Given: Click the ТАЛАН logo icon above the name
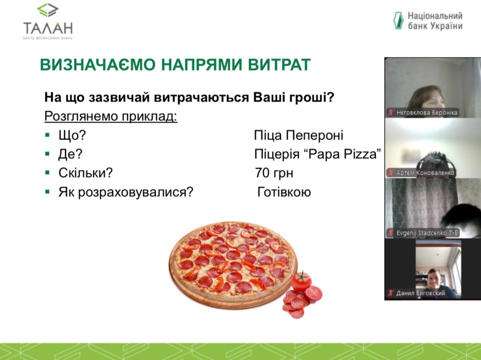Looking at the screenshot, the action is (x=48, y=10).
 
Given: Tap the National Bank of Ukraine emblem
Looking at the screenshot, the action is (x=398, y=21).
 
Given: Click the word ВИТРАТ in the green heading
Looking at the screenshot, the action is (x=279, y=65).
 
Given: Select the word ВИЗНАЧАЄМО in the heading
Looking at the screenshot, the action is (x=98, y=65).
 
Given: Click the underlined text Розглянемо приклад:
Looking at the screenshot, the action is (x=111, y=116).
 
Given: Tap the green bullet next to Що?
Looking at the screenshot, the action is (x=47, y=135).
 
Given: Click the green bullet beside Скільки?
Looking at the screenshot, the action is (x=47, y=173).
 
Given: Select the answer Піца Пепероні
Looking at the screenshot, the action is (x=299, y=135).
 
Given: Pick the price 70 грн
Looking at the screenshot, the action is (x=274, y=173).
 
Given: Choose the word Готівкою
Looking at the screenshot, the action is (x=284, y=192).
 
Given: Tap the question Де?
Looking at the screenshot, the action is (x=70, y=154).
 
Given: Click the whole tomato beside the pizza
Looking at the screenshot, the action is (x=301, y=282).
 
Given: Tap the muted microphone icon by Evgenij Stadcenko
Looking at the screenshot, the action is (x=390, y=233).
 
